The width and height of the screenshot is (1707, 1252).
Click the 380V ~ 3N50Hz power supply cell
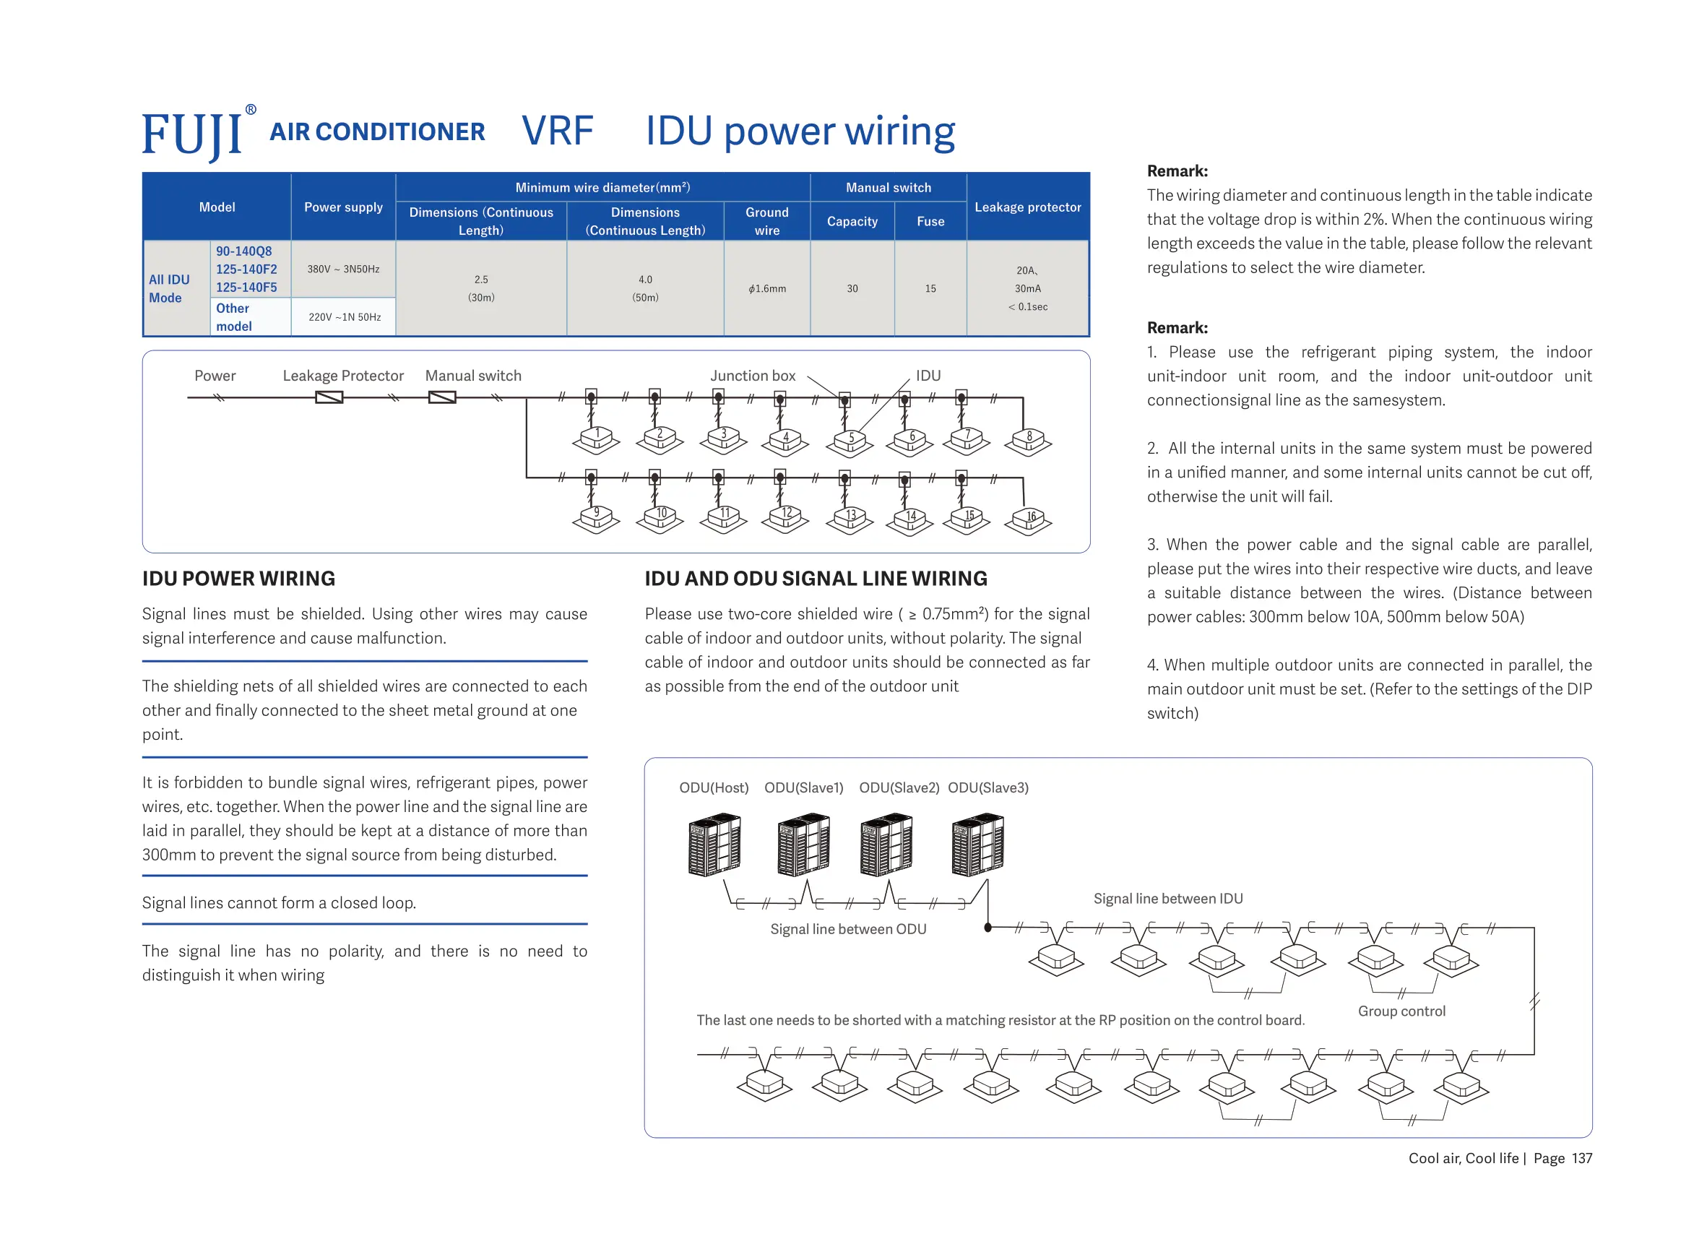pos(342,269)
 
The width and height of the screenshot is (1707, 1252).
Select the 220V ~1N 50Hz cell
pos(344,316)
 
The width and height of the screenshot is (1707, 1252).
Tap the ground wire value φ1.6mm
pos(766,289)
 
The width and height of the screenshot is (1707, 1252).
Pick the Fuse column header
pos(930,221)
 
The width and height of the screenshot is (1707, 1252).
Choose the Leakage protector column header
pos(1027,207)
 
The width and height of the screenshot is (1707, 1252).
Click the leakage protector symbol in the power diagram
pos(329,397)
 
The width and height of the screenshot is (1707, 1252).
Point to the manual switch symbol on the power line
pos(441,397)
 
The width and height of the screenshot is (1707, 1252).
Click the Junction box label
pos(751,376)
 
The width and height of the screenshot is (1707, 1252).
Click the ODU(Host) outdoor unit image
pos(714,845)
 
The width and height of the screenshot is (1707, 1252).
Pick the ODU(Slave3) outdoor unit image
pos(977,845)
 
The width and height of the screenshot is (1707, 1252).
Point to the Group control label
pos(1401,1011)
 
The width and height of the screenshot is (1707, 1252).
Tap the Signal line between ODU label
pos(848,929)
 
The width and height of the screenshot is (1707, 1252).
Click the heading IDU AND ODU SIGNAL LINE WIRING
pos(816,579)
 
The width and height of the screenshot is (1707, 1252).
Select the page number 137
pos(1581,1158)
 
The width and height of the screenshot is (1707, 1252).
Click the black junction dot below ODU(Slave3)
pos(988,927)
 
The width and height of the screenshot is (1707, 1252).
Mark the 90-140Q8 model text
pos(243,251)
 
